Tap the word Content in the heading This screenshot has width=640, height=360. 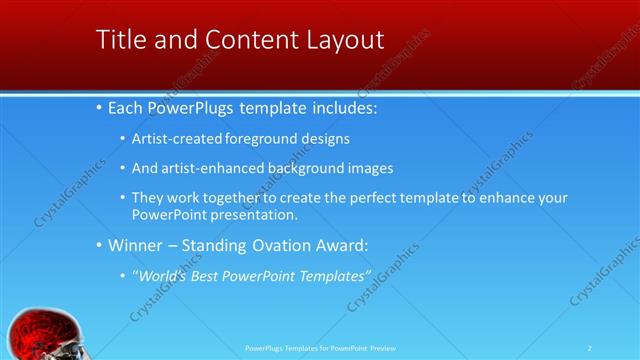241,40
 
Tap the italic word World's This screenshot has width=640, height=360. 163,275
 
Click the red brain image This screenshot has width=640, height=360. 40,335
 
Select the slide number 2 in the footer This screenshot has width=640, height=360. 590,348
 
